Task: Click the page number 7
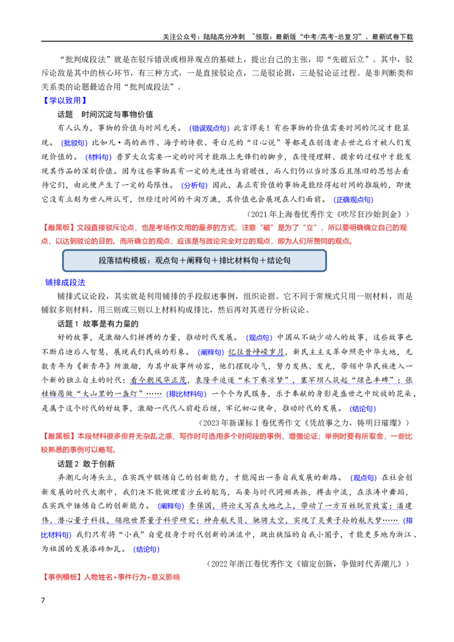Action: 43,600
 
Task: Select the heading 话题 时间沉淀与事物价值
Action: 106,114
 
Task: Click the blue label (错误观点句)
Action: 209,128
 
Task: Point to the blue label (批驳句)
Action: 74,142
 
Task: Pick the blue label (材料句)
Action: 98,157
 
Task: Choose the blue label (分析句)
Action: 194,185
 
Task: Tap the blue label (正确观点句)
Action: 353,200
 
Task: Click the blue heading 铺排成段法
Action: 65,282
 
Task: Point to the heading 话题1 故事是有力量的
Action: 98,324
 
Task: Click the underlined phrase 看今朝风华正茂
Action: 158,380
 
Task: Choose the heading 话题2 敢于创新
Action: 86,464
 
